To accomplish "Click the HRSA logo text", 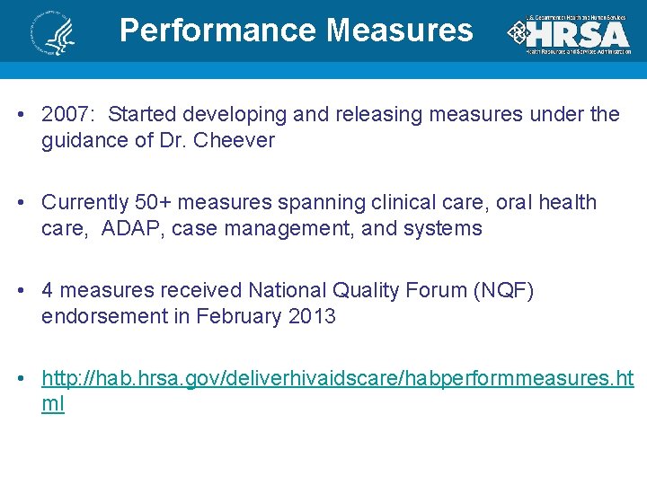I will [x=576, y=35].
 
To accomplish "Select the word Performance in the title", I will [x=218, y=31].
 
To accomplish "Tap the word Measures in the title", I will [x=400, y=31].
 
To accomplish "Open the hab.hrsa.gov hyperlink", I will [x=337, y=378].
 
